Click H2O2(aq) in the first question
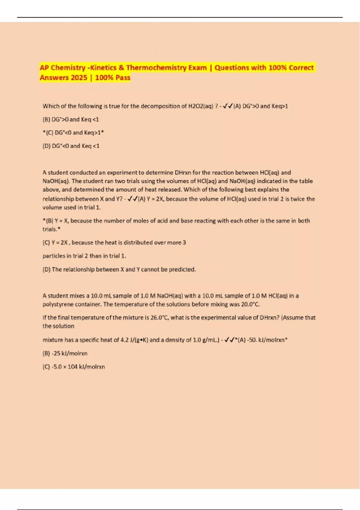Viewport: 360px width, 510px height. coord(200,106)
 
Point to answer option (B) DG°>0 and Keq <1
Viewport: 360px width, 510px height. coord(71,119)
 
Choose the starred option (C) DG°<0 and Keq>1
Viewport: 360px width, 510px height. coord(73,133)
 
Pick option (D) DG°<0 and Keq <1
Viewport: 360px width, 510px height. coord(71,146)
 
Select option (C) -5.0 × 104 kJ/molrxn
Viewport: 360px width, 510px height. coord(74,367)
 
